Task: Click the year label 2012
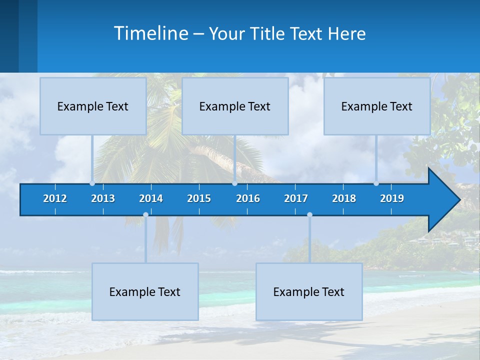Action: [x=55, y=198]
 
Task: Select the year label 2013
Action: [x=103, y=198]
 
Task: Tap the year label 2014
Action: [x=151, y=198]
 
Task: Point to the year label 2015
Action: [x=199, y=198]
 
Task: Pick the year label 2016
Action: [x=248, y=198]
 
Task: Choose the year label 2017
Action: [x=296, y=198]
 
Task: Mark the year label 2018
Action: [x=344, y=198]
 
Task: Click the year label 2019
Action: [x=392, y=198]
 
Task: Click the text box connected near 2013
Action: [x=93, y=106]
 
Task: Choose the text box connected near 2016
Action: [x=235, y=106]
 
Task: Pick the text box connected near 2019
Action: [x=377, y=106]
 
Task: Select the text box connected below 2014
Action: [x=145, y=291]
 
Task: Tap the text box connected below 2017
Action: [x=309, y=291]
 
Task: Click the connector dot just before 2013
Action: [x=92, y=183]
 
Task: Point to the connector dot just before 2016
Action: [x=234, y=183]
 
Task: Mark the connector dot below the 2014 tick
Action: [x=145, y=215]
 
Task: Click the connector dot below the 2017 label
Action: [x=309, y=215]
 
